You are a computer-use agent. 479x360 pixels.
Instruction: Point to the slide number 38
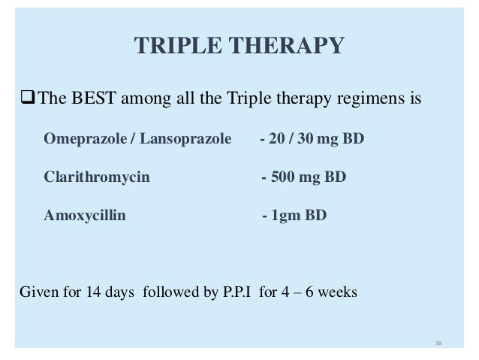[x=439, y=343]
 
